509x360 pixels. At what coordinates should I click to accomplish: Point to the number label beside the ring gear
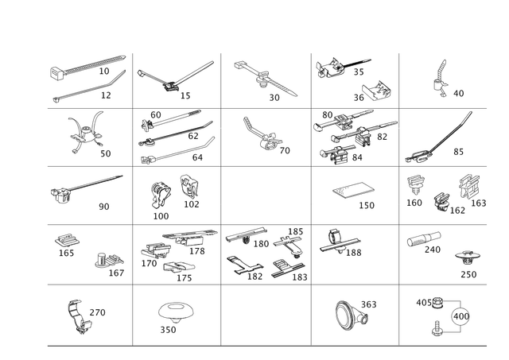point(368,304)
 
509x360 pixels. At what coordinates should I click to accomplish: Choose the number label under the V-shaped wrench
point(185,98)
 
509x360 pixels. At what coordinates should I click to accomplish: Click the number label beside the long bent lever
point(457,149)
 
